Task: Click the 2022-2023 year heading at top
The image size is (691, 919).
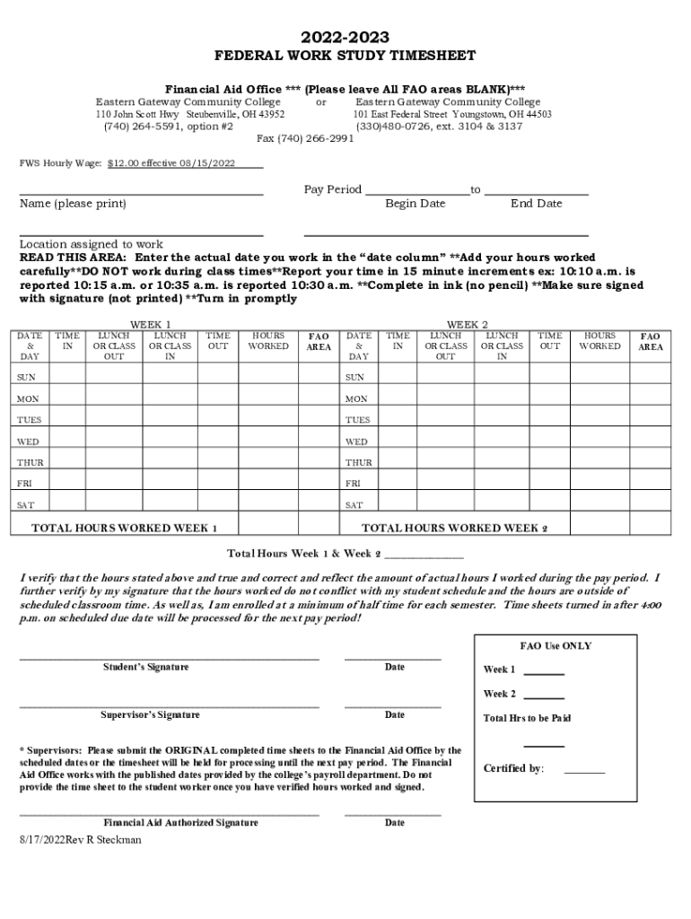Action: coord(345,37)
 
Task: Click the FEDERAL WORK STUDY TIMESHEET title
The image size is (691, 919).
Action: coord(345,57)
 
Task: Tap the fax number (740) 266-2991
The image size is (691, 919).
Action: coord(305,139)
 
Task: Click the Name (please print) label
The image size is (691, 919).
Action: coord(73,204)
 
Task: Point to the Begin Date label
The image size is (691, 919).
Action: coord(415,204)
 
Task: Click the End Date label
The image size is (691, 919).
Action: coord(536,204)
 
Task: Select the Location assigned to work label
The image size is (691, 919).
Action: coord(92,244)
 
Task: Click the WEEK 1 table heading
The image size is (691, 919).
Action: coord(151,324)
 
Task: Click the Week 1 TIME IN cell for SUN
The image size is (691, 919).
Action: coord(67,378)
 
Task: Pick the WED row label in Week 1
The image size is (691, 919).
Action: coord(28,442)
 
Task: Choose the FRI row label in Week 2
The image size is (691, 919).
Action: coord(354,484)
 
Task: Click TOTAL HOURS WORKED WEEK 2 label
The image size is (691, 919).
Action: coord(454,528)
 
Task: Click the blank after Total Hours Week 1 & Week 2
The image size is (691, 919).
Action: coord(424,553)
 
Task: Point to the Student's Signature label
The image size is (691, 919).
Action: coord(145,667)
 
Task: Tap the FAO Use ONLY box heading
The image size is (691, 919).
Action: coord(555,646)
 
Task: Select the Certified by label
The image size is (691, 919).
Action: coord(513,768)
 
